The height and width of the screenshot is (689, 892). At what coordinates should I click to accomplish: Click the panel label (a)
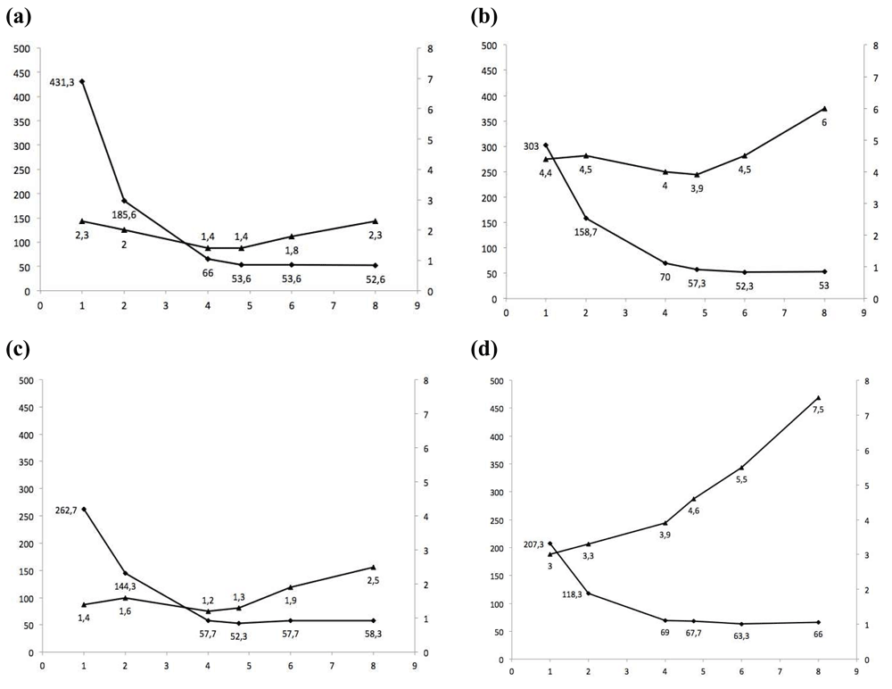[x=20, y=17]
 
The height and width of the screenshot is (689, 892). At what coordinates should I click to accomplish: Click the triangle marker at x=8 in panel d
[x=818, y=398]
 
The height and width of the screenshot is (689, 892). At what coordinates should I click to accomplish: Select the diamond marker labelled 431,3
[x=82, y=81]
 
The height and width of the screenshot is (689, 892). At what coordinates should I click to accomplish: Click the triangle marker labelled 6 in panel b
[x=824, y=109]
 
